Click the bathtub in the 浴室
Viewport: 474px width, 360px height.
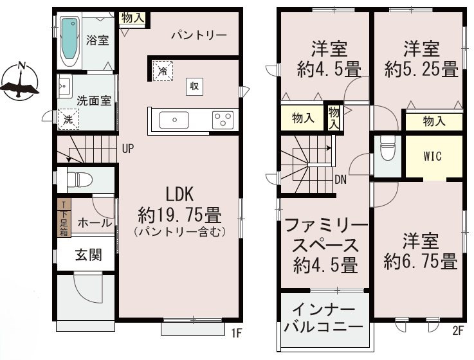[69, 41]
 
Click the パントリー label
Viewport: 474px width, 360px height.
[199, 35]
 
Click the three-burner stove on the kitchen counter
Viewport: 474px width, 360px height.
[223, 120]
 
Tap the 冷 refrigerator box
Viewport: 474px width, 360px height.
[162, 70]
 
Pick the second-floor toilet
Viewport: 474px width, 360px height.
[387, 152]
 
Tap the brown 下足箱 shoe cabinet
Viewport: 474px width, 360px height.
[64, 219]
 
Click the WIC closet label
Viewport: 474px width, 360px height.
[432, 156]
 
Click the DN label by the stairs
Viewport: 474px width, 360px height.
[341, 179]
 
